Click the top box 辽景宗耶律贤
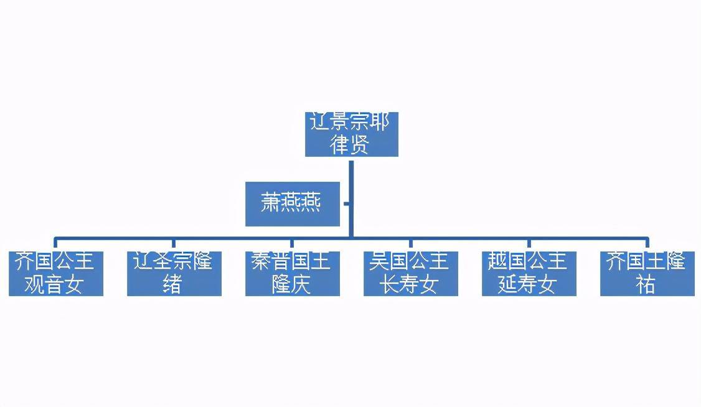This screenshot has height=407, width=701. tap(351, 134)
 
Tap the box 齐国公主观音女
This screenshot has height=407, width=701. tap(55, 274)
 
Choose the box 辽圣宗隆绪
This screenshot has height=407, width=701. tap(174, 274)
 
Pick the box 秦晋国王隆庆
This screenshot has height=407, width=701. tap(292, 274)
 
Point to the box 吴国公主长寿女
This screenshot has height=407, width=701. tap(410, 274)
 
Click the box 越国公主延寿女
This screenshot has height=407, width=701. tap(529, 274)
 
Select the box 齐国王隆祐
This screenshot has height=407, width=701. tap(647, 274)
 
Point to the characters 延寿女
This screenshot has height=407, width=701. tap(527, 285)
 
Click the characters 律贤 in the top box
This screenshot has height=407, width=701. tap(351, 144)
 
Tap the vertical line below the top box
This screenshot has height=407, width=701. tap(351, 187)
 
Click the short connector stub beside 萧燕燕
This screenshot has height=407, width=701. tap(346, 203)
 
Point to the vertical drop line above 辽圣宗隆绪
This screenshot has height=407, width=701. tap(174, 244)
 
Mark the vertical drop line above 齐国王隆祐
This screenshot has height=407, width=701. tap(647, 244)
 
